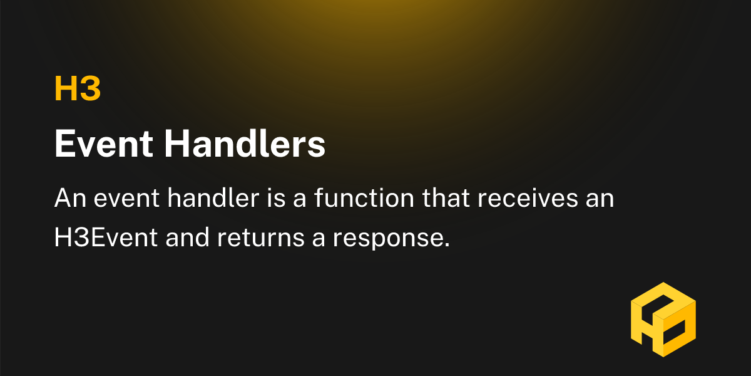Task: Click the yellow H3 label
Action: pyautogui.click(x=78, y=89)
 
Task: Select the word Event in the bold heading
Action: pyautogui.click(x=103, y=145)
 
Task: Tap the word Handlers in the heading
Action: pyautogui.click(x=245, y=145)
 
